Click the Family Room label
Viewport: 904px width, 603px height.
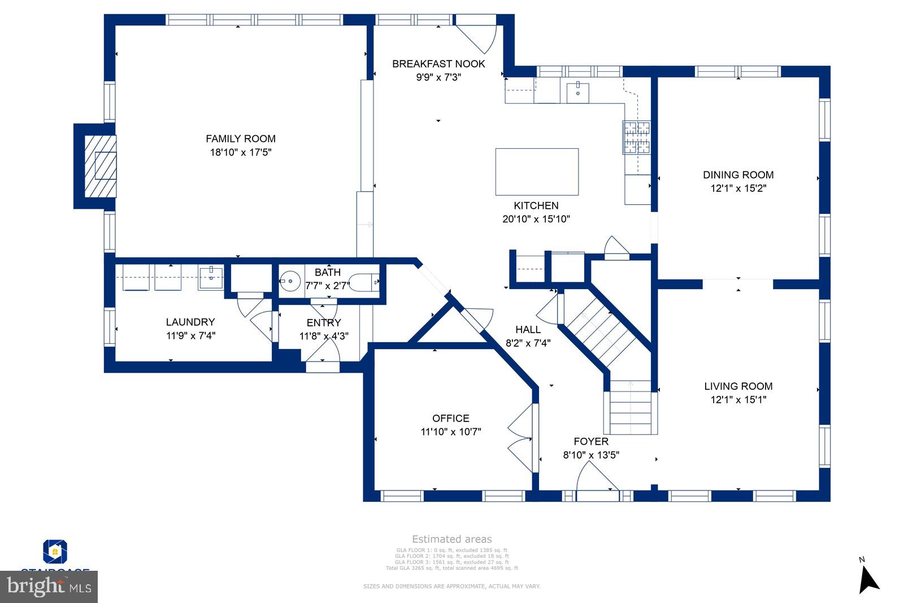click(x=241, y=139)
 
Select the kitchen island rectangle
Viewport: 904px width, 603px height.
click(x=537, y=172)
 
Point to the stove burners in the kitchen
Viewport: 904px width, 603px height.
click(x=637, y=138)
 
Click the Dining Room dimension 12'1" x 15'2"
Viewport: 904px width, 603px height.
click(x=738, y=188)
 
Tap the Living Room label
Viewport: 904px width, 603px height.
click(x=738, y=386)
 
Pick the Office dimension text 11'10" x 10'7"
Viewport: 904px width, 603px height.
click(x=451, y=432)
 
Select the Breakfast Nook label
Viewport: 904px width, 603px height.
click(x=438, y=64)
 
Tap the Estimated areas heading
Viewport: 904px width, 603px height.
click(x=451, y=539)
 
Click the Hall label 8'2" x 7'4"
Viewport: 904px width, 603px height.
click(x=528, y=336)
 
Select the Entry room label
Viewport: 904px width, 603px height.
click(x=324, y=323)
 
